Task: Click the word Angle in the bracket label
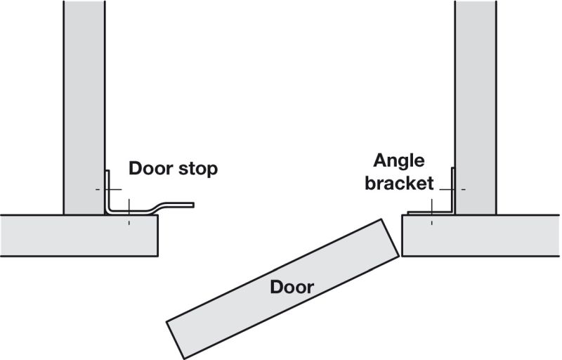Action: (398, 160)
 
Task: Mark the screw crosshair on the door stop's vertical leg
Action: (107, 190)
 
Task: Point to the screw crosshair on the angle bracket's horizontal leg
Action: (432, 212)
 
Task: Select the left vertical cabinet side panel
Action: (84, 105)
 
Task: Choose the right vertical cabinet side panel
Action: (475, 105)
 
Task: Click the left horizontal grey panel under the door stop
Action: (77, 235)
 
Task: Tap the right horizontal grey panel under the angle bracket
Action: (481, 235)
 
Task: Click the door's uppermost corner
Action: (384, 219)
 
